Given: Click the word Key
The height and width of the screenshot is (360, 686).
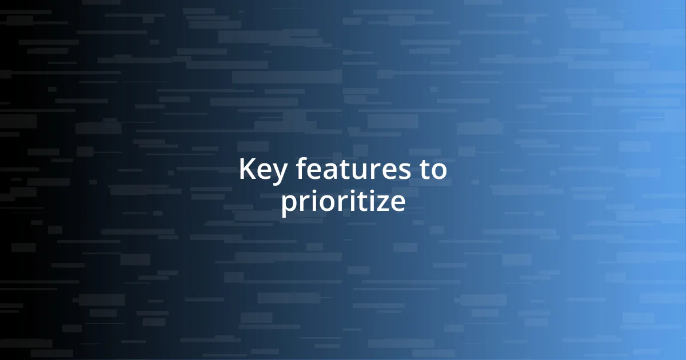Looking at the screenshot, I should tap(260, 170).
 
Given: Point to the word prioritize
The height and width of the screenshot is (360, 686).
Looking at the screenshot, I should tap(343, 202).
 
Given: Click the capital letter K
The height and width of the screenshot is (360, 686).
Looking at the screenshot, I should tap(246, 170).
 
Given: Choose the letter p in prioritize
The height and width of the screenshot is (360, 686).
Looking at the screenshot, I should tap(289, 206).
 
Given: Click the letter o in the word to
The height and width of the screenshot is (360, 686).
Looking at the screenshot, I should tap(438, 171).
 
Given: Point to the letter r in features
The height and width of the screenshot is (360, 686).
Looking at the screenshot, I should tap(368, 171).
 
